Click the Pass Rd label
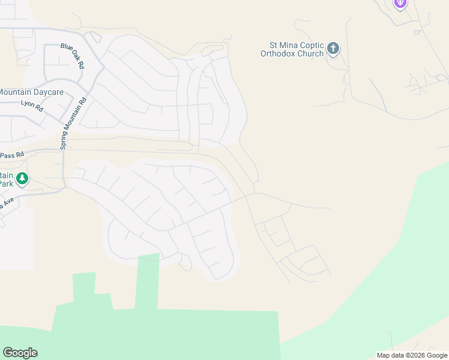(12, 154)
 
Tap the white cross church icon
(333, 48)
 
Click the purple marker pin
(400, 4)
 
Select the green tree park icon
(22, 178)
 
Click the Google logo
(20, 353)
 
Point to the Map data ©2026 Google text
(412, 355)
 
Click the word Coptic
(309, 45)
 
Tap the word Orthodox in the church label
(280, 53)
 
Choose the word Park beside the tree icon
(7, 184)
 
